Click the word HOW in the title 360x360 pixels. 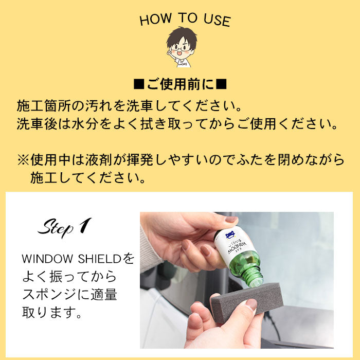tap(155, 20)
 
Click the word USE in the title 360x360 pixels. tap(217, 20)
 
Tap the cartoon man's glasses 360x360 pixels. tap(181, 49)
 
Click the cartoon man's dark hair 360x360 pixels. tap(182, 37)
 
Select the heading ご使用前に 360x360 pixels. tap(180, 84)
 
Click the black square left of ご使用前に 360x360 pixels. tap(139, 84)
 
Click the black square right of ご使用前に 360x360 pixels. tap(222, 84)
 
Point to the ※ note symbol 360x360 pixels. tap(23, 160)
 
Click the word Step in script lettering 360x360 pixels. tap(56, 228)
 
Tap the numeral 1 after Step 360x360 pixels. tap(85, 225)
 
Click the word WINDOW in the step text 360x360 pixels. tap(47, 259)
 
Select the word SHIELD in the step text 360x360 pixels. tap(99, 259)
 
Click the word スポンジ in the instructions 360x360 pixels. tap(49, 295)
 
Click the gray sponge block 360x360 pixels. tap(247, 300)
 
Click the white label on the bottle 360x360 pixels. tap(233, 244)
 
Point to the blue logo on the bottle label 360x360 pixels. tap(230, 235)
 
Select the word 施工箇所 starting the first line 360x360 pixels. tap(44, 106)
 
